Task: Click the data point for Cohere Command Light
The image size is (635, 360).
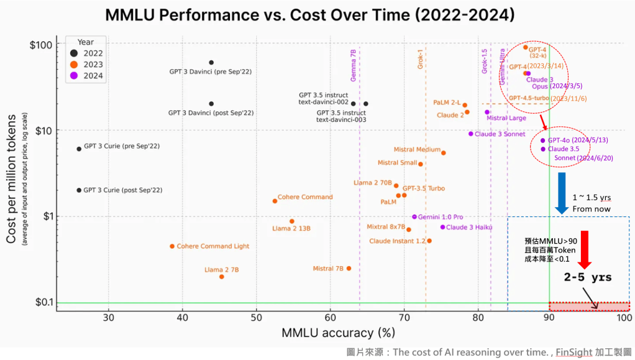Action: (172, 246)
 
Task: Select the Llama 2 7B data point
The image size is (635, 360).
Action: (222, 277)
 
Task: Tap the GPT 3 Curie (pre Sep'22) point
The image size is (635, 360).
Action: (79, 149)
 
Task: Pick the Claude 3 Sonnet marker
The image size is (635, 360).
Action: (471, 134)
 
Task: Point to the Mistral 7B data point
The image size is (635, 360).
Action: (349, 269)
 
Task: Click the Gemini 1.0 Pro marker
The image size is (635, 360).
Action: (414, 217)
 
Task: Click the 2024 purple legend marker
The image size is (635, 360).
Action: (75, 76)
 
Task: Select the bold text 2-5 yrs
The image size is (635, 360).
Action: (587, 277)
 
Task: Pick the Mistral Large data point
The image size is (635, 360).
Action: (487, 113)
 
